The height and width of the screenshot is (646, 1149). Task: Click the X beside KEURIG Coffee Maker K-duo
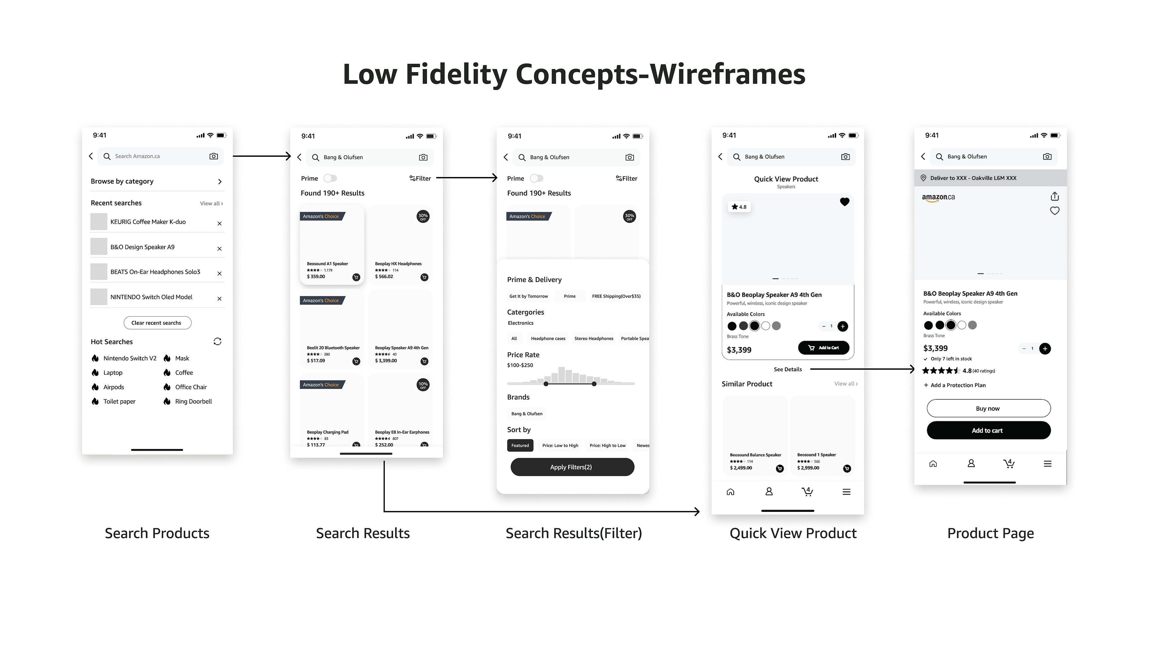pyautogui.click(x=219, y=223)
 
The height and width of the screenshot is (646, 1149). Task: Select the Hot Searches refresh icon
pyautogui.click(x=217, y=342)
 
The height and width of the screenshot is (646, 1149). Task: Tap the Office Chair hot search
pyautogui.click(x=191, y=387)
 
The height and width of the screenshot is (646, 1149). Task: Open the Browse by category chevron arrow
pyautogui.click(x=219, y=182)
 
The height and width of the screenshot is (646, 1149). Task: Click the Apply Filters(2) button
pyautogui.click(x=572, y=467)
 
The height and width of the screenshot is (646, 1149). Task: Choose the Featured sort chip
pyautogui.click(x=520, y=445)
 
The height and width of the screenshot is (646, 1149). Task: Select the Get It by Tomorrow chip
pyautogui.click(x=528, y=296)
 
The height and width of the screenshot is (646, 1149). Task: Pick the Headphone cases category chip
pyautogui.click(x=548, y=338)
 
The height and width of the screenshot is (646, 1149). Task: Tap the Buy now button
pyautogui.click(x=988, y=408)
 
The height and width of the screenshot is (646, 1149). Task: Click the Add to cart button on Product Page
pyautogui.click(x=988, y=431)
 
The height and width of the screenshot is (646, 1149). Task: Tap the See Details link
pyautogui.click(x=788, y=369)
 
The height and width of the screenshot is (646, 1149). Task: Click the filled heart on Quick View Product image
pyautogui.click(x=844, y=202)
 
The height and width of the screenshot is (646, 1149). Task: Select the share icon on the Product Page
pyautogui.click(x=1054, y=196)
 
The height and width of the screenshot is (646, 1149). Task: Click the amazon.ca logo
pyautogui.click(x=938, y=197)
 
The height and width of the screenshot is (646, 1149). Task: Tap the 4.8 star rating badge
pyautogui.click(x=739, y=207)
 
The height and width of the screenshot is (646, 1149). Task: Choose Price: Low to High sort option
pyautogui.click(x=560, y=445)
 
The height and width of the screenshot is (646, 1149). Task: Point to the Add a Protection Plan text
pyautogui.click(x=957, y=385)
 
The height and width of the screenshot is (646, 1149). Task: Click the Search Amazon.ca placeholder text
pyautogui.click(x=137, y=156)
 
